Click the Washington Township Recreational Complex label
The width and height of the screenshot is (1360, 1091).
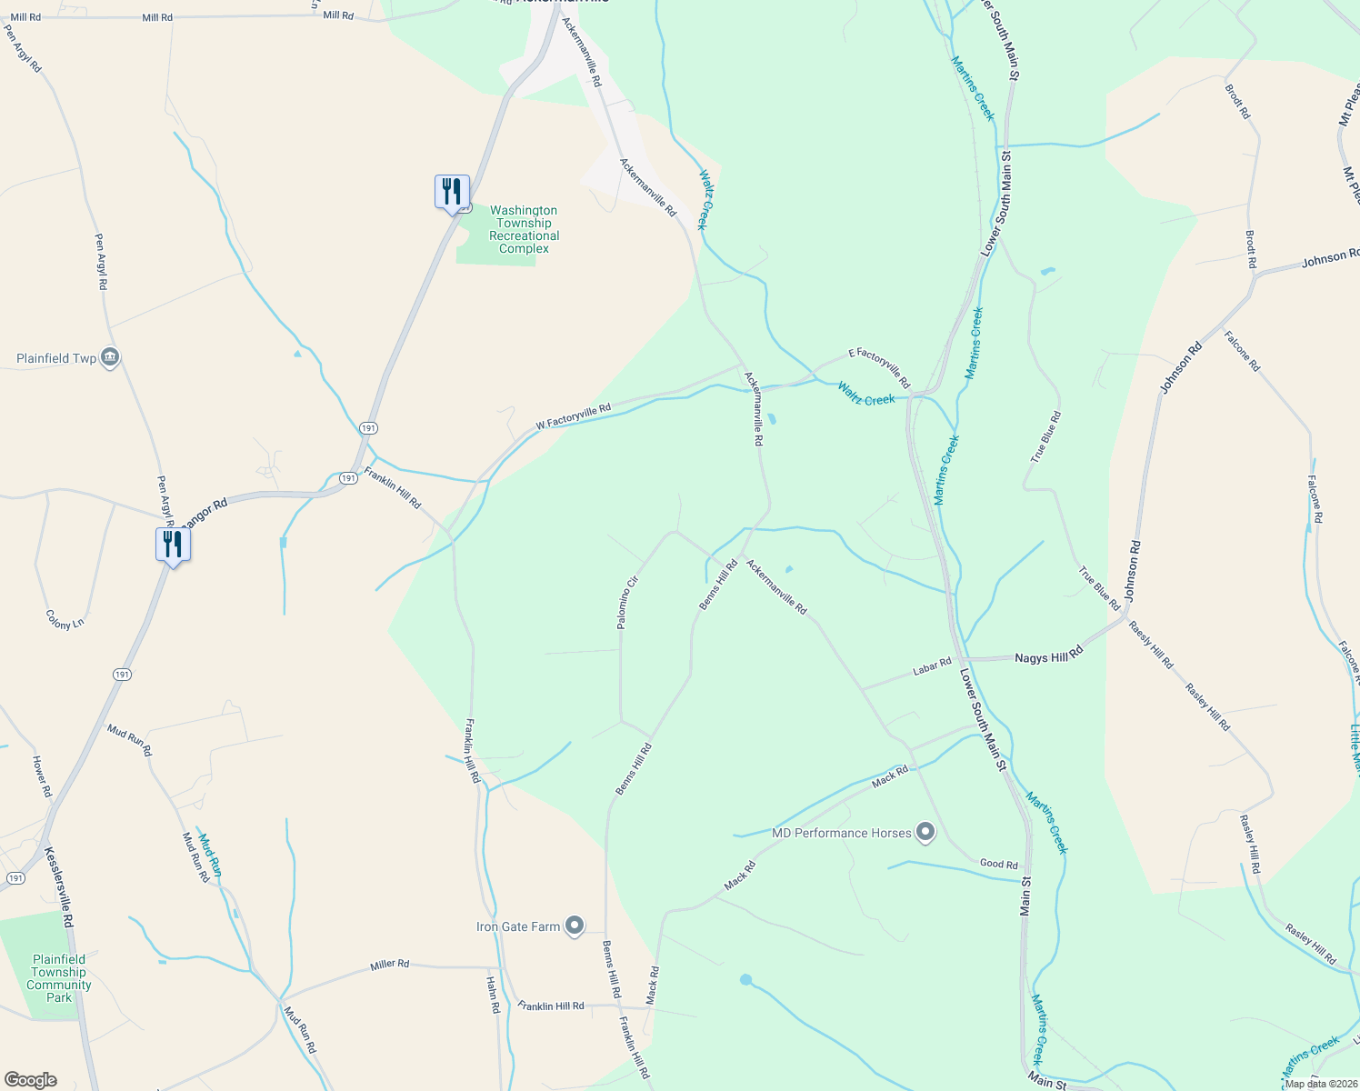click(524, 229)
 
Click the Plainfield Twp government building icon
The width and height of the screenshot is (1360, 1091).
click(110, 357)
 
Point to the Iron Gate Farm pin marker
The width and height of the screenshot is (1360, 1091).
click(575, 926)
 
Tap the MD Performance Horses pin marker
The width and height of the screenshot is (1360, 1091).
click(925, 832)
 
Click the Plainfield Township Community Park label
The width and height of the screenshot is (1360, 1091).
click(59, 978)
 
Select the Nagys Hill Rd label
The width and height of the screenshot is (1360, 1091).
click(1049, 656)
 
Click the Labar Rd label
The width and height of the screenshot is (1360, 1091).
click(932, 667)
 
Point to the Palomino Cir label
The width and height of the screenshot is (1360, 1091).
click(628, 602)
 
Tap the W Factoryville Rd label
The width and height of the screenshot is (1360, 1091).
click(573, 416)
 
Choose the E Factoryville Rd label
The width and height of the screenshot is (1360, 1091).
click(879, 367)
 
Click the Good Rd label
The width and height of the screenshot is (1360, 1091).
click(999, 864)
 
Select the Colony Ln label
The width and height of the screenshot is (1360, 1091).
click(65, 620)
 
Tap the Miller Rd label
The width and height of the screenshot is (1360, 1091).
click(390, 964)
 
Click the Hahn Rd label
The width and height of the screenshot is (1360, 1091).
click(493, 995)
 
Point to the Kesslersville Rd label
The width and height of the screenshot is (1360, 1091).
click(60, 886)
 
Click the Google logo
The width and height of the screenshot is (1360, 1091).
click(30, 1080)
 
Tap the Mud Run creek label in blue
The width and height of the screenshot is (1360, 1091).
click(210, 856)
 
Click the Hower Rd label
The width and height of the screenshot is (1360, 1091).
click(42, 776)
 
